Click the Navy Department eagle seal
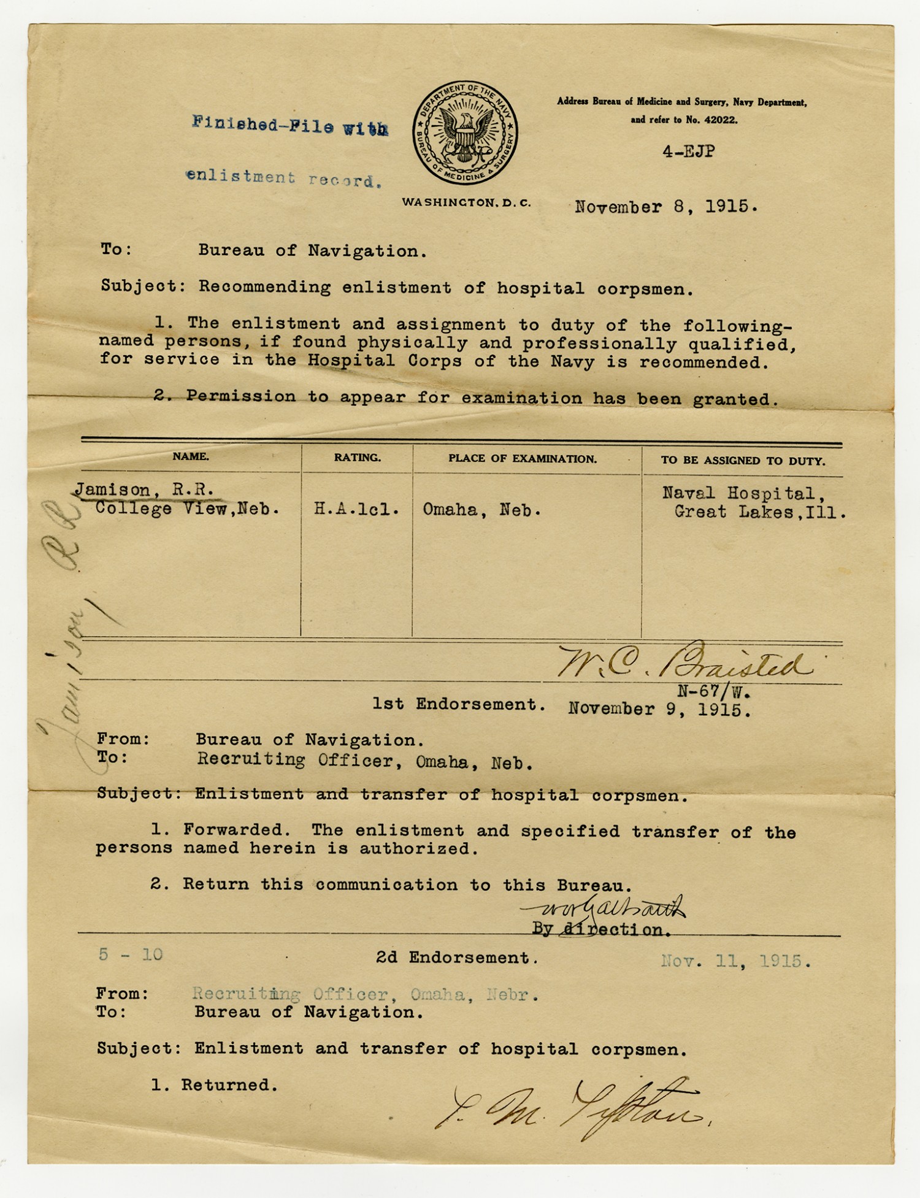click(x=464, y=133)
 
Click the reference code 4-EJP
click(x=688, y=152)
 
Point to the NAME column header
click(x=190, y=456)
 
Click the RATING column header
click(x=357, y=458)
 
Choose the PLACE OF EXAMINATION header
click(x=522, y=459)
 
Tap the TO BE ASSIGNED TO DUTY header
click(x=743, y=460)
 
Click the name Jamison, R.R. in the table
click(x=145, y=490)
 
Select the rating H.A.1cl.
click(x=356, y=509)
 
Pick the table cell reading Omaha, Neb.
click(x=481, y=510)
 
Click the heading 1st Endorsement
click(x=459, y=704)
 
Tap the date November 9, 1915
click(x=659, y=710)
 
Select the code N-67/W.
click(x=714, y=692)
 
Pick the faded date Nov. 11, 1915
click(x=735, y=961)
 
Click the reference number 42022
click(x=720, y=120)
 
